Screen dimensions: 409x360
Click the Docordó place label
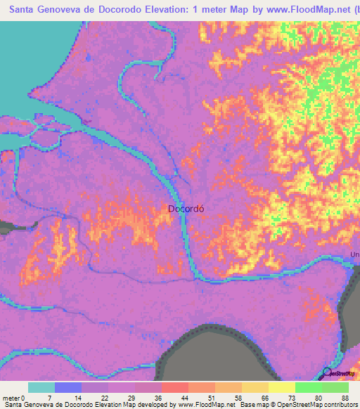tap(186, 208)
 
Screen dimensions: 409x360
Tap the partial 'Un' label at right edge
tap(354, 254)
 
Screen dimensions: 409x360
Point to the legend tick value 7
tap(55, 398)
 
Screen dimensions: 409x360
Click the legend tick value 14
tap(82, 398)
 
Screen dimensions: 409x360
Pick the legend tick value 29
tap(135, 398)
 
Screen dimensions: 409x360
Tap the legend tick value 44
tap(188, 398)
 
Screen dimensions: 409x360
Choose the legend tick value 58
tap(242, 398)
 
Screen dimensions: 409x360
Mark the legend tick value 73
tap(295, 398)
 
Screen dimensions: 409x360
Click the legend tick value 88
tap(345, 398)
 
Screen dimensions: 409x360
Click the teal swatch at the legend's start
tap(41, 387)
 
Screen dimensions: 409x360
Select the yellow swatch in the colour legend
tap(281, 387)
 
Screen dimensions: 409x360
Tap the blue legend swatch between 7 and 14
tap(68, 387)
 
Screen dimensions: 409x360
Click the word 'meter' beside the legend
tap(10, 398)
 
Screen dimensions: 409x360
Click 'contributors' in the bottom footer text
tap(340, 405)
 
